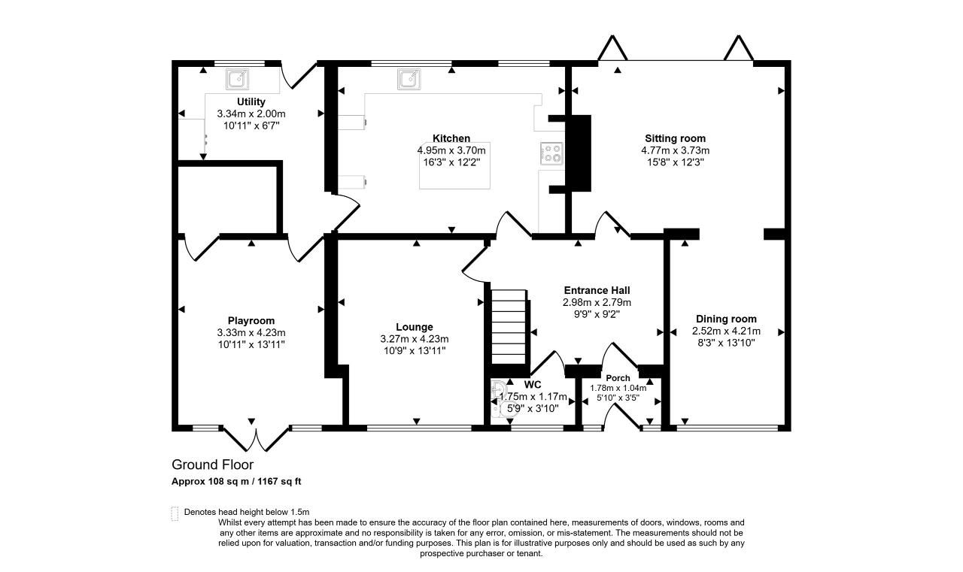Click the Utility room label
point(251,101)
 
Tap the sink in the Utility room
point(237,79)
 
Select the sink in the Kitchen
point(409,79)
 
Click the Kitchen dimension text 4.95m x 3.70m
point(451,150)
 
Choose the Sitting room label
point(675,138)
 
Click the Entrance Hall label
point(597,290)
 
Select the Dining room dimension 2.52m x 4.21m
point(726,331)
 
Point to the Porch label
point(618,378)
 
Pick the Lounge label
point(415,327)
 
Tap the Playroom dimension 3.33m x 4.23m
point(251,332)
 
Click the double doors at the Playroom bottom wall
point(257,439)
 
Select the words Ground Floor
point(212,465)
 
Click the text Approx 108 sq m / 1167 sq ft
point(236,481)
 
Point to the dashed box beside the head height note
point(175,513)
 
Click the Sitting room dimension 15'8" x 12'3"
point(675,162)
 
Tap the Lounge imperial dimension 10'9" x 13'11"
point(415,350)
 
